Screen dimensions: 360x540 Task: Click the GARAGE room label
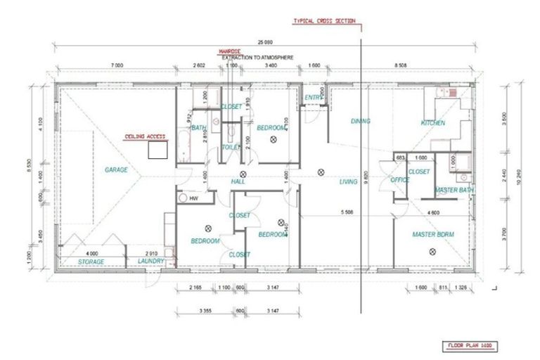point(116,169)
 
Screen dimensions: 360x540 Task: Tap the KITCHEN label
point(433,122)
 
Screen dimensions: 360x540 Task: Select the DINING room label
point(360,121)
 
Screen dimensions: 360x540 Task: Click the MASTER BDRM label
point(435,234)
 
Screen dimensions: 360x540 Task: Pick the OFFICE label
point(400,180)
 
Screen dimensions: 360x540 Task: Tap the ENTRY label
point(313,98)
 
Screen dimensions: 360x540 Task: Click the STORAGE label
point(91,262)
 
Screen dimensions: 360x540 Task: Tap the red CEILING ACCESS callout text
point(145,136)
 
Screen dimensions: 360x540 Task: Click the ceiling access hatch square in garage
point(157,150)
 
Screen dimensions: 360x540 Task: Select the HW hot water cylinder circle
point(184,199)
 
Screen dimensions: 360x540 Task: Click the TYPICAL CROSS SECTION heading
point(324,22)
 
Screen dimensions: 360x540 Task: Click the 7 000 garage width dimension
point(116,65)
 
